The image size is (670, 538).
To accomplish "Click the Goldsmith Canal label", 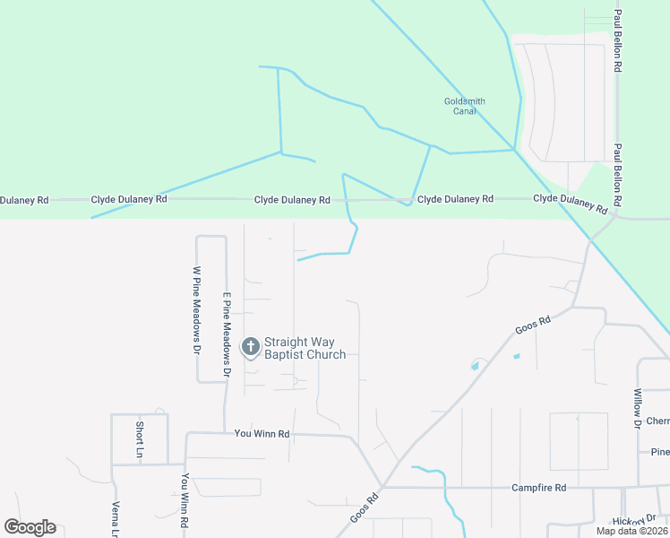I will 465,106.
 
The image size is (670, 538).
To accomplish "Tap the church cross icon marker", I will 250,346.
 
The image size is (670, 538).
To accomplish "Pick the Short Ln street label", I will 140,438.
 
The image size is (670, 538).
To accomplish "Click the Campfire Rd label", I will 539,488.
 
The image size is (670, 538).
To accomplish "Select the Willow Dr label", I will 638,406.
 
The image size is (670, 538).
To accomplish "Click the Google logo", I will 30,527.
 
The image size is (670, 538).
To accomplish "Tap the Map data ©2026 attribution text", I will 631,531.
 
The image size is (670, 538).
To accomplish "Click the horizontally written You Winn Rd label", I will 262,433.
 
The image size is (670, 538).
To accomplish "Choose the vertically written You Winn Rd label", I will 185,501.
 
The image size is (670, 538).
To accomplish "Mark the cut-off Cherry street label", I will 657,421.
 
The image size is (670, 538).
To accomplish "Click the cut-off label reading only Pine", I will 660,451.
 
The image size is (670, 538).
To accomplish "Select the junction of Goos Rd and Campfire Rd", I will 382,488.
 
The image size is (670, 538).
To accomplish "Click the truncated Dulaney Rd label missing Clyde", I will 24,200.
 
